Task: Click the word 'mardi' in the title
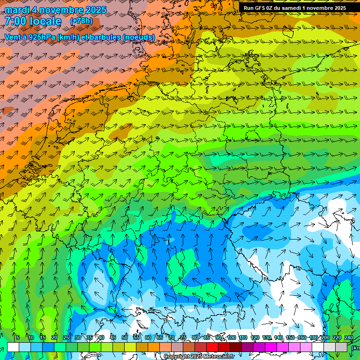point(16,10)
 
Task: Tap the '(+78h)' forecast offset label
point(81,21)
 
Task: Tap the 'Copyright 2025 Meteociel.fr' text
point(199,357)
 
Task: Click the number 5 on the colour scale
point(18,337)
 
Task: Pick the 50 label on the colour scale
point(124,337)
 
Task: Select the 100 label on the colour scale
point(232,337)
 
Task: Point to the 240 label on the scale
point(349,337)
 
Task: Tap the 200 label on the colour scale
point(325,337)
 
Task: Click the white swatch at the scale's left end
point(13,347)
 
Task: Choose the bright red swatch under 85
point(212,347)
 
